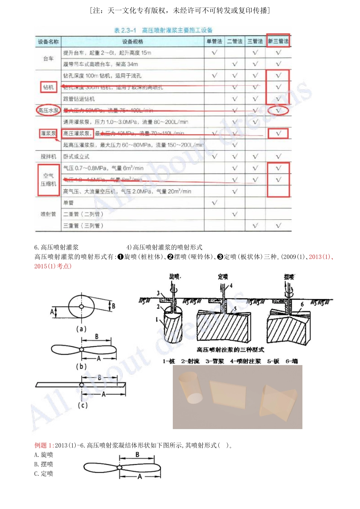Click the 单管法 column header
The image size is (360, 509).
pyautogui.click(x=214, y=41)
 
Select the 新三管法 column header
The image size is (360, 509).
pyautogui.click(x=278, y=41)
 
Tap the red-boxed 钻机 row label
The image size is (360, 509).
pyautogui.click(x=49, y=87)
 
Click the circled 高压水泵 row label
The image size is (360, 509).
pyautogui.click(x=49, y=111)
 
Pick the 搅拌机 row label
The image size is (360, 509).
pyautogui.click(x=49, y=156)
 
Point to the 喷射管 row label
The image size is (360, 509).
pyautogui.click(x=49, y=214)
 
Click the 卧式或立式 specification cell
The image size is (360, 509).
pyautogui.click(x=77, y=156)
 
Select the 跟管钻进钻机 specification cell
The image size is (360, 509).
pyautogui.click(x=79, y=99)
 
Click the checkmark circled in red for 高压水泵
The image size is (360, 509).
pyautogui.click(x=278, y=111)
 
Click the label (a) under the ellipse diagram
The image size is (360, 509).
pyautogui.click(x=81, y=329)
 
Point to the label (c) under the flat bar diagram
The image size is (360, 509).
pyautogui.click(x=83, y=405)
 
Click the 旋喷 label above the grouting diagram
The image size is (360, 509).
pyautogui.click(x=175, y=277)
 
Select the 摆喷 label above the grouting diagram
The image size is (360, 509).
pyautogui.click(x=289, y=277)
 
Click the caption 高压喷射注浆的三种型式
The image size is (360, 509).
pyautogui.click(x=230, y=350)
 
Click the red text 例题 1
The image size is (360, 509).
pyautogui.click(x=43, y=445)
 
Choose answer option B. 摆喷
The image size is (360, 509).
pyautogui.click(x=44, y=464)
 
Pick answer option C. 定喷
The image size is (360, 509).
pyautogui.click(x=44, y=474)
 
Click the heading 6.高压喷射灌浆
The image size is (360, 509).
pyautogui.click(x=56, y=247)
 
